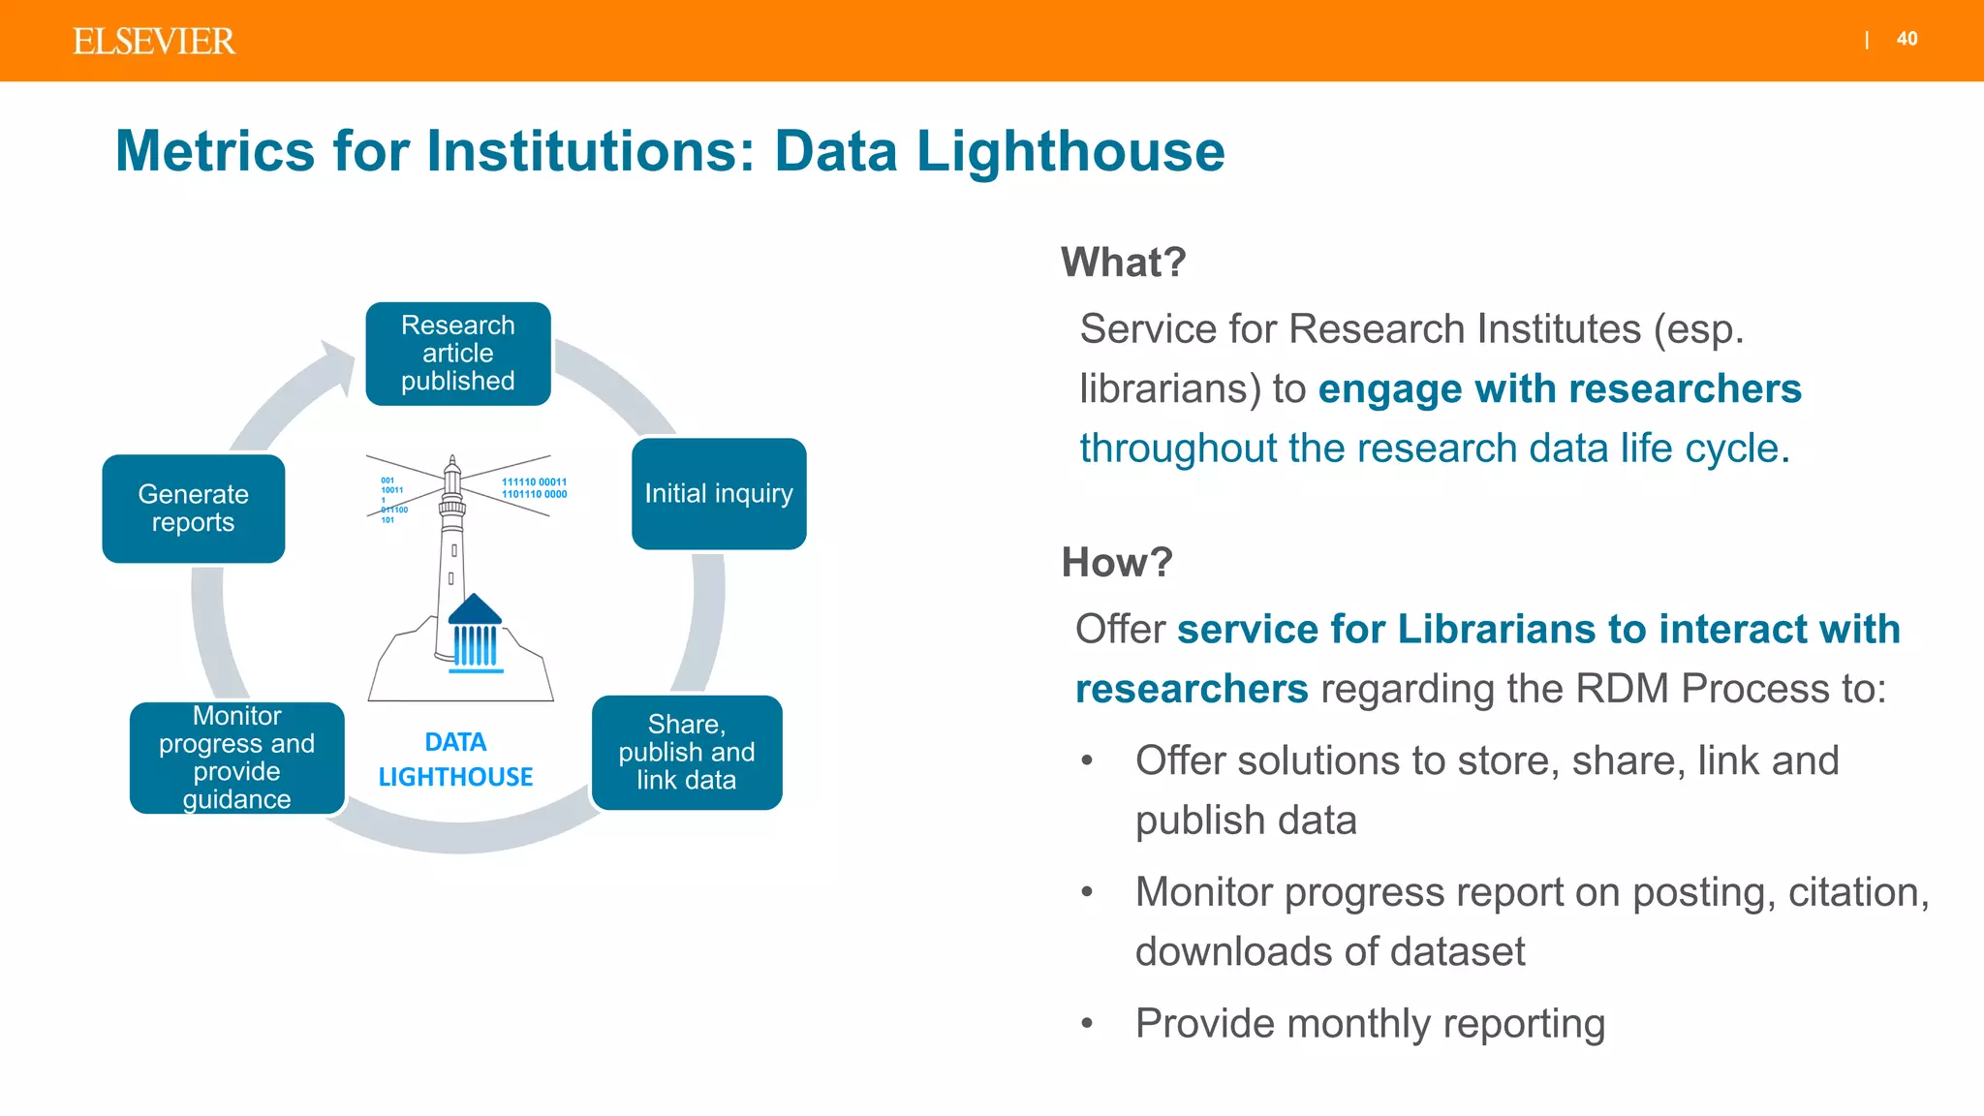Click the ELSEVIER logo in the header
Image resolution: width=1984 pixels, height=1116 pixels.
(153, 42)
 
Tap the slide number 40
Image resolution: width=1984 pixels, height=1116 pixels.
(1906, 39)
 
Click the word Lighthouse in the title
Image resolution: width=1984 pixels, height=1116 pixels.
(1070, 152)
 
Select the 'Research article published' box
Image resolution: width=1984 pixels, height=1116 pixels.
(458, 354)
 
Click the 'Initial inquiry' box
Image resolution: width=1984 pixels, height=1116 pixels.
(719, 494)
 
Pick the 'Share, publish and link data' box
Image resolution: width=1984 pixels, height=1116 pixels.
(687, 753)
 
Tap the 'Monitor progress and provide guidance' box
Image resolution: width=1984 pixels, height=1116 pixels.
(237, 758)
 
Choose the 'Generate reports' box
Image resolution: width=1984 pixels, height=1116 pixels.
(194, 509)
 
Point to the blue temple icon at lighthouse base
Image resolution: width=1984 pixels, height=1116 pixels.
(475, 635)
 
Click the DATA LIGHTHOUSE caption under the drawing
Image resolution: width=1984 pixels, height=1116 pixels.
(455, 759)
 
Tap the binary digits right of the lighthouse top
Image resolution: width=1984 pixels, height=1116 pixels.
(534, 488)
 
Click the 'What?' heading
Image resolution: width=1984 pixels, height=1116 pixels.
(1123, 263)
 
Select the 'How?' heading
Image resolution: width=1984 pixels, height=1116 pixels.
(1117, 563)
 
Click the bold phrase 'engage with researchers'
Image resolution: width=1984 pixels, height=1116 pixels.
(1559, 388)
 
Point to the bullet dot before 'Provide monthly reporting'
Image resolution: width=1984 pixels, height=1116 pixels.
(1087, 1024)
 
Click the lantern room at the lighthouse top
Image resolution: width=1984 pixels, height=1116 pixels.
(452, 477)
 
